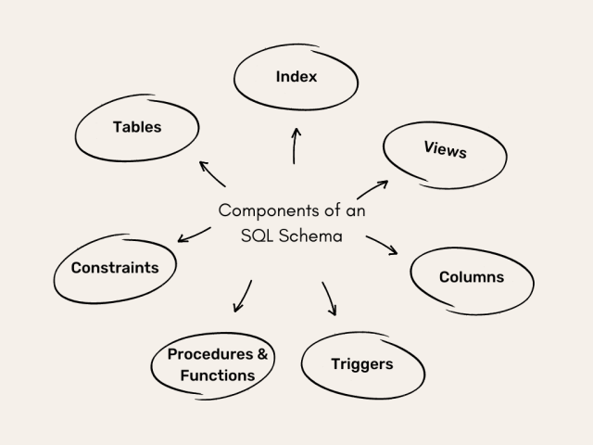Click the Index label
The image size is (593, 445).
click(296, 76)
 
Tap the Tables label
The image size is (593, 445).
click(137, 127)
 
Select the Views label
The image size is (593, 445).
click(445, 149)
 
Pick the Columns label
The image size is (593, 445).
click(472, 276)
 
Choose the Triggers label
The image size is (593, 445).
click(362, 363)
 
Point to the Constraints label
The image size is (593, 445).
click(115, 268)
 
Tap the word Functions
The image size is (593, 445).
click(218, 375)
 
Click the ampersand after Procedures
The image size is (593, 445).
click(263, 355)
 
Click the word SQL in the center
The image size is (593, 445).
click(256, 235)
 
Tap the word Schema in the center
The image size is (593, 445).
click(310, 235)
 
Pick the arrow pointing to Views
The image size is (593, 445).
click(373, 189)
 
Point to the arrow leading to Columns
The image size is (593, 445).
click(382, 245)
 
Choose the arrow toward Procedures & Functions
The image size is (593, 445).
click(243, 296)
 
